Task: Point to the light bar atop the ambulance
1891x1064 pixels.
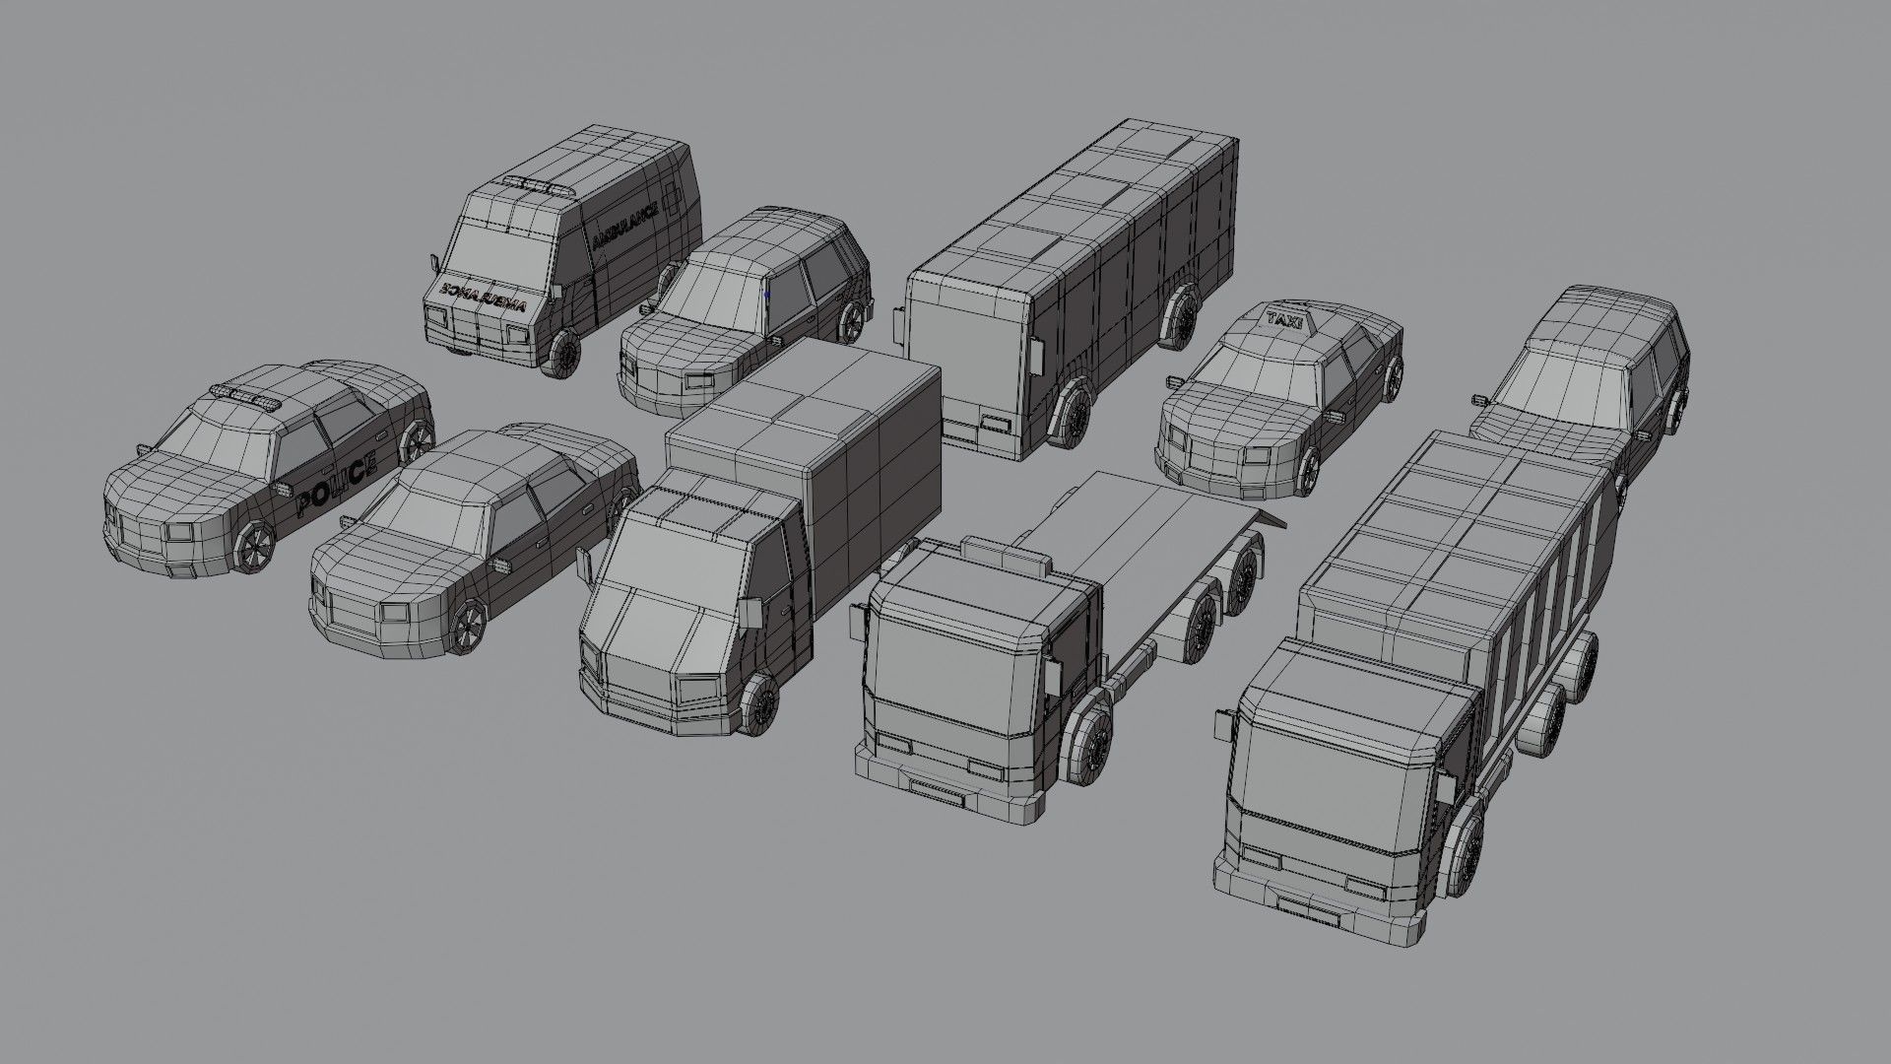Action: tap(538, 184)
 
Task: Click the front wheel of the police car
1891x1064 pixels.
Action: tap(254, 546)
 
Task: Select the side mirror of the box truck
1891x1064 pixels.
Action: tap(750, 613)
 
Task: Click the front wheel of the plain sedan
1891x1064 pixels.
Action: tap(470, 624)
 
